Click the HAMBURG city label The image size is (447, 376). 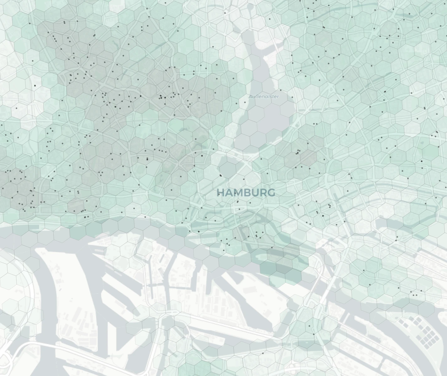246,193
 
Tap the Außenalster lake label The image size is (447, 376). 263,97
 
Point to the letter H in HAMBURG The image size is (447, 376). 221,193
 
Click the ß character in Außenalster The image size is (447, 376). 256,97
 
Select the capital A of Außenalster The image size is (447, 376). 250,97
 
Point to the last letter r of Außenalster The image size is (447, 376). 277,97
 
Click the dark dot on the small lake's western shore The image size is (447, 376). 221,175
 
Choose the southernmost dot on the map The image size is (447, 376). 263,353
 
